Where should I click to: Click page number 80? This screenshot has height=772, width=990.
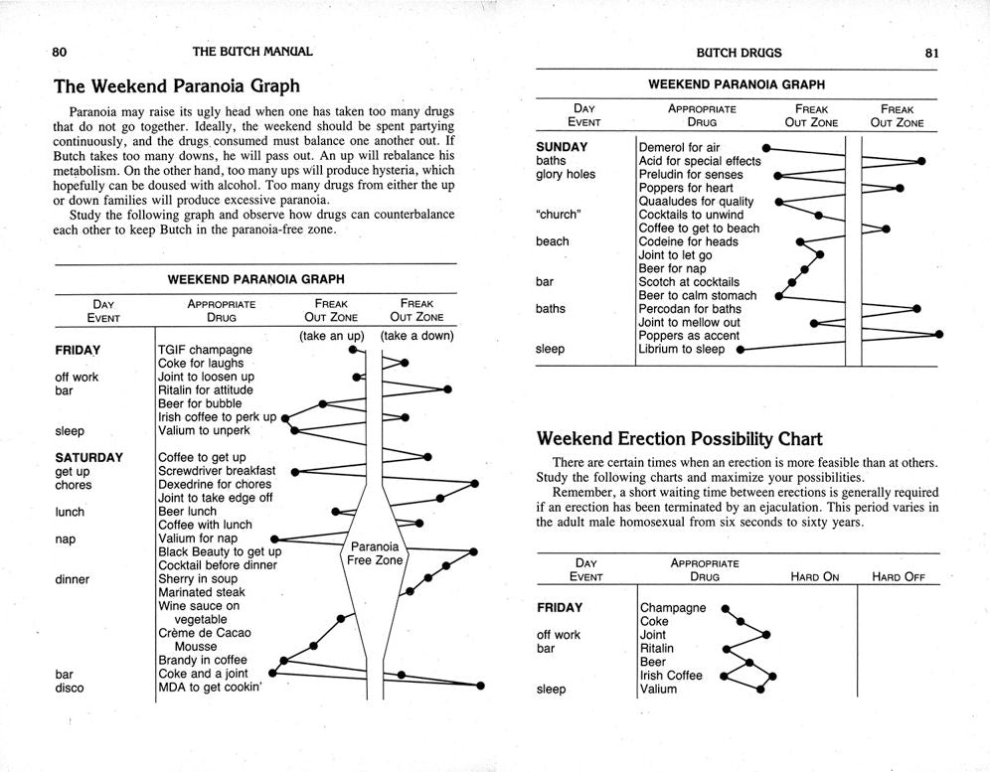[x=60, y=52]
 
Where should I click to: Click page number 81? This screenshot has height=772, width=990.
[x=931, y=53]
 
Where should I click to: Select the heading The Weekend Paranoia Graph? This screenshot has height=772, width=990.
[x=176, y=86]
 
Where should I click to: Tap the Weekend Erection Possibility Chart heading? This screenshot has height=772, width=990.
[x=679, y=438]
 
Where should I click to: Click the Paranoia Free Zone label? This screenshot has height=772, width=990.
[x=374, y=553]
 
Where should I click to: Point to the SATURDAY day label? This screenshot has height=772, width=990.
[x=89, y=458]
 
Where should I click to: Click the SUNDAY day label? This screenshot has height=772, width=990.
[x=562, y=147]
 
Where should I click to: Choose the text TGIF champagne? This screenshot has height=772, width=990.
[x=205, y=350]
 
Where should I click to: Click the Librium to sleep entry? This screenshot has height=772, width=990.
[x=682, y=349]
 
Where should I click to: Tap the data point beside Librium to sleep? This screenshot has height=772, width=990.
[x=741, y=350]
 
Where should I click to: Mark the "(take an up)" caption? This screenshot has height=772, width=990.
[x=332, y=336]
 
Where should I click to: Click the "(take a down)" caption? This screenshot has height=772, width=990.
[x=416, y=336]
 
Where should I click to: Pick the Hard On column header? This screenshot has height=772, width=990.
[x=815, y=576]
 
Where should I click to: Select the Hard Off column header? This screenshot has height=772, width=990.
[x=898, y=576]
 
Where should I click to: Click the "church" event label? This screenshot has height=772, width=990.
[x=558, y=215]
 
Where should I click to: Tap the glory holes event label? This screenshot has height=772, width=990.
[x=566, y=174]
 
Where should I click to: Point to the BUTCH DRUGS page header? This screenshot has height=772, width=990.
[x=739, y=53]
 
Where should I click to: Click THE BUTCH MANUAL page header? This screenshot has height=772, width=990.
[x=252, y=52]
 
